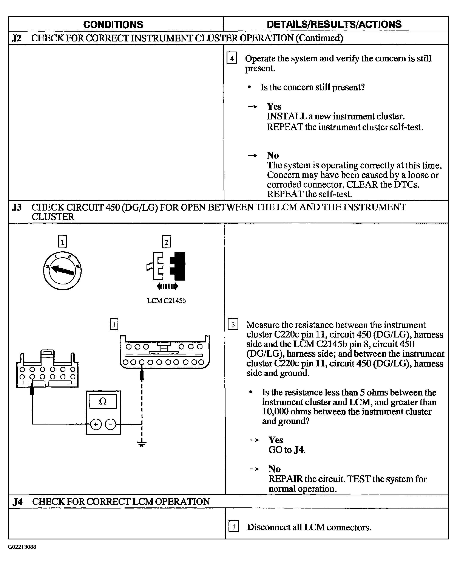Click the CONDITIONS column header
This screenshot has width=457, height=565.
tap(113, 25)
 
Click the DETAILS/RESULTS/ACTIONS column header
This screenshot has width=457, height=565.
tap(334, 24)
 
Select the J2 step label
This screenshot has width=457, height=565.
tap(17, 38)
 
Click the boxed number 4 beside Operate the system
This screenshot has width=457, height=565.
tap(232, 58)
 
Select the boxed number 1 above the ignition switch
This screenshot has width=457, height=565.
tap(62, 241)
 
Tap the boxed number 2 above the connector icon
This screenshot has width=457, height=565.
tap(166, 241)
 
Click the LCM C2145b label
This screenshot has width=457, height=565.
tap(166, 301)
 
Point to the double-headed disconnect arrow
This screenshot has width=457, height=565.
tap(167, 286)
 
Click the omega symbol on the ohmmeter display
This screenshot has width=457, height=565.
tap(103, 401)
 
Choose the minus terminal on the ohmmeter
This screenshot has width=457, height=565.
tap(111, 424)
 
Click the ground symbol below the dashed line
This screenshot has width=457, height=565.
tap(142, 444)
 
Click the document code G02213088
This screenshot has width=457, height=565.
tap(22, 547)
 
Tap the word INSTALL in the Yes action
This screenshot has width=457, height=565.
tap(287, 116)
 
